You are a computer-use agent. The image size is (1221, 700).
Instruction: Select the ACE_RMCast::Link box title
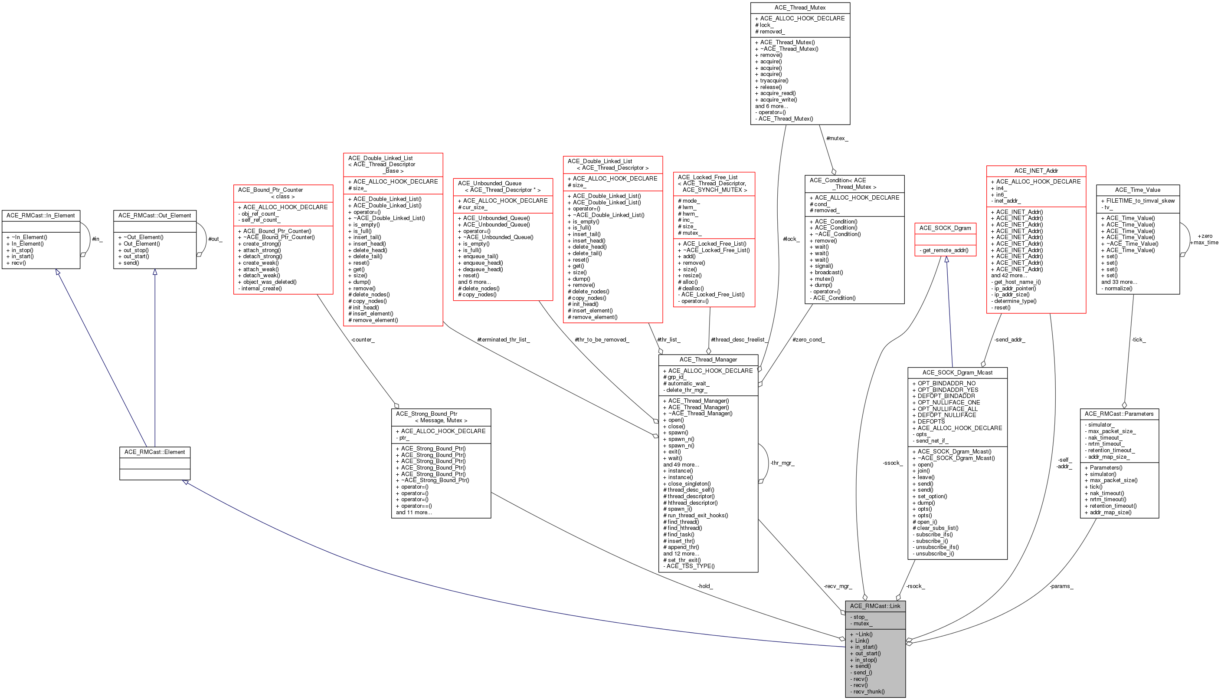tap(875, 606)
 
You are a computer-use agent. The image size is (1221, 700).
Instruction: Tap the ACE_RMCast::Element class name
tap(154, 452)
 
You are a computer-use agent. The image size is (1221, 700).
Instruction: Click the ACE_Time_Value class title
tap(1137, 190)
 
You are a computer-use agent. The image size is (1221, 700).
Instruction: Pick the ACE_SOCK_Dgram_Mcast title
tap(957, 373)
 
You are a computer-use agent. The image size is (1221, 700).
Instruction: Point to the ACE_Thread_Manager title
tap(708, 360)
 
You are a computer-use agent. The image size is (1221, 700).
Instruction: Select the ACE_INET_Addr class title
tap(1036, 171)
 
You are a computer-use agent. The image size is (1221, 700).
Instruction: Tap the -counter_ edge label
tap(362, 340)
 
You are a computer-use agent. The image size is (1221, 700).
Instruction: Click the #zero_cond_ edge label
tap(808, 340)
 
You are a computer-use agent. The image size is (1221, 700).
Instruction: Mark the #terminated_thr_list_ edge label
tap(503, 340)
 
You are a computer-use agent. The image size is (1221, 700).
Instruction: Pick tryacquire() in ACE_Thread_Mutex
tap(772, 81)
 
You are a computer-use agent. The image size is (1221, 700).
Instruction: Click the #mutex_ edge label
tap(837, 138)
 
